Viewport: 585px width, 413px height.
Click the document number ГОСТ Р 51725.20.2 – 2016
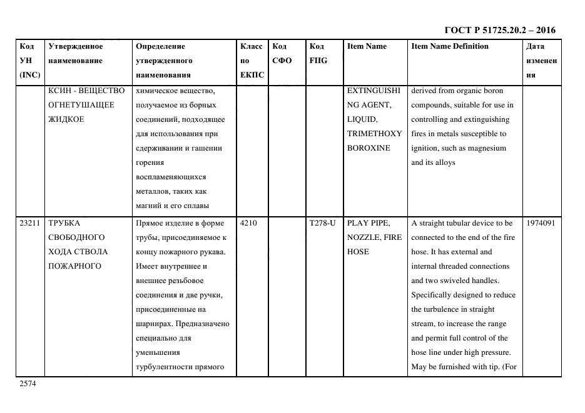click(x=499, y=30)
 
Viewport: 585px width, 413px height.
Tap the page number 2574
click(x=28, y=384)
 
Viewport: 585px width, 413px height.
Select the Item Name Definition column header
click(x=449, y=46)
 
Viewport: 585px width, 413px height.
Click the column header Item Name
click(x=367, y=46)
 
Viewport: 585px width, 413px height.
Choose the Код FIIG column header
click(x=318, y=53)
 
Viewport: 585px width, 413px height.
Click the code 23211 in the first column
click(x=29, y=223)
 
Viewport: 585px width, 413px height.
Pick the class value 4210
click(x=249, y=223)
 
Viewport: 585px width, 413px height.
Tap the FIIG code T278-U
click(x=323, y=223)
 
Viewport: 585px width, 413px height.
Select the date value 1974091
click(x=541, y=223)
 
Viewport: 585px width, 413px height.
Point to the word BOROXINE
click(x=369, y=148)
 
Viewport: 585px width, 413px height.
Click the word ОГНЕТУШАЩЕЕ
click(x=81, y=105)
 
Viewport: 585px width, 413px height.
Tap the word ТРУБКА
click(x=64, y=223)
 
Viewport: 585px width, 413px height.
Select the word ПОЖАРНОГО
click(x=75, y=266)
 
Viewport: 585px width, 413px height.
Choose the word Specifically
click(x=431, y=295)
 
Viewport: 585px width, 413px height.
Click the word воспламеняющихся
click(x=170, y=177)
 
